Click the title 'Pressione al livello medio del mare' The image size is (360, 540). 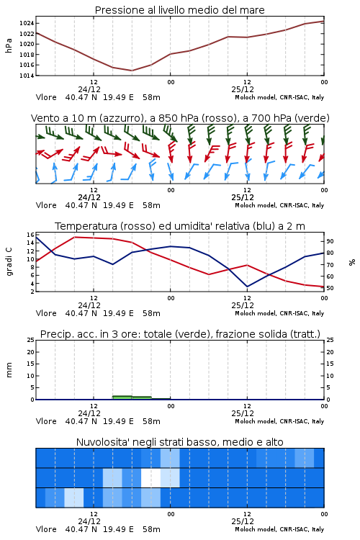click(179, 10)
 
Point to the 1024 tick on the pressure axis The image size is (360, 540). click(26, 24)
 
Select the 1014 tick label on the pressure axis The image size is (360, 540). click(26, 76)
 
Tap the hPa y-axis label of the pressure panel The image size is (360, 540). click(9, 46)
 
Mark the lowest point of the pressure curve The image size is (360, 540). click(132, 71)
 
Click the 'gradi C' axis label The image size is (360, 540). click(9, 261)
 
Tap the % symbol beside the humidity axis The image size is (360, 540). click(352, 262)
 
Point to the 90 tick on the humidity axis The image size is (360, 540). click(330, 241)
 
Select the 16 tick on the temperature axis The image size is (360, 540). click(30, 235)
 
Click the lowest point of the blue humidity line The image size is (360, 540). click(247, 287)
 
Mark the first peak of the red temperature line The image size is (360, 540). click(74, 237)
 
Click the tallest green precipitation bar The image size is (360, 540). click(122, 397)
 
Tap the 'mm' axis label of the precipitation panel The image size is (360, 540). click(9, 370)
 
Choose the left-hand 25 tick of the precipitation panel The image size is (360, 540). click(30, 340)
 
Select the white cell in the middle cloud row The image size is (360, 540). click(151, 477)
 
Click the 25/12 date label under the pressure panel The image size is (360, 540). click(243, 89)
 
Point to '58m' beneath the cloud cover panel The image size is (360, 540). click(151, 529)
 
